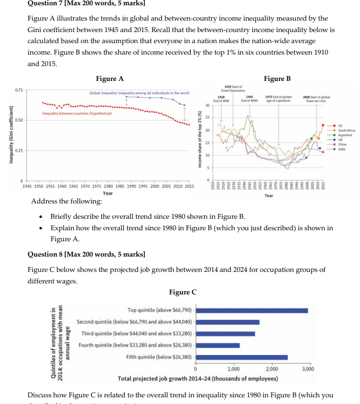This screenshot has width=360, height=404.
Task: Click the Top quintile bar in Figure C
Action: [x=252, y=310]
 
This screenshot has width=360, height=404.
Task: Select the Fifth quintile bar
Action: [x=242, y=357]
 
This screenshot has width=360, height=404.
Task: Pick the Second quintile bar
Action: [x=228, y=322]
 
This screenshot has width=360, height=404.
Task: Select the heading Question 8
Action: [x=87, y=253]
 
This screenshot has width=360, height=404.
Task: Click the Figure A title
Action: [x=109, y=79]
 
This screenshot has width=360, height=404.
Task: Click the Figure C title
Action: [x=183, y=292]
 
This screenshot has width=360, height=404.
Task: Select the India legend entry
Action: [x=341, y=149]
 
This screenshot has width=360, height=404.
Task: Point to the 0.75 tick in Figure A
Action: [x=18, y=90]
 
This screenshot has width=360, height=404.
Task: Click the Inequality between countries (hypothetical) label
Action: [x=77, y=113]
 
